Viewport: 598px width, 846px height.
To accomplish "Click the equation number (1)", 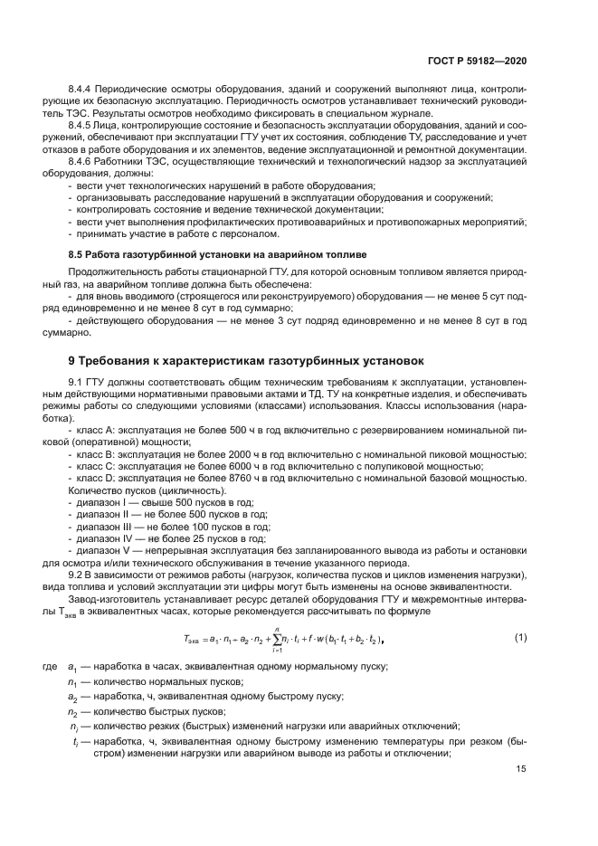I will [x=519, y=637].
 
